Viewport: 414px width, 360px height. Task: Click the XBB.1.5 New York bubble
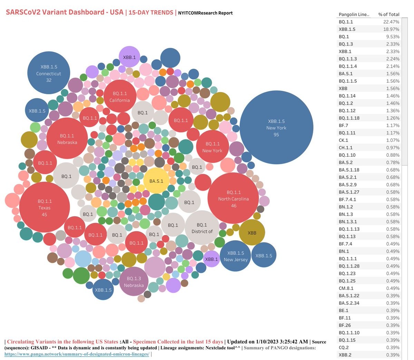[276, 127]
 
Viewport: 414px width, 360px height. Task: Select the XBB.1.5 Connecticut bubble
[49, 73]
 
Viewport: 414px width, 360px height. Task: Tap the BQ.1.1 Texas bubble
[45, 207]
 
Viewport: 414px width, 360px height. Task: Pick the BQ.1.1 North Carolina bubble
[233, 198]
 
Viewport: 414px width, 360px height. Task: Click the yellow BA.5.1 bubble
[156, 181]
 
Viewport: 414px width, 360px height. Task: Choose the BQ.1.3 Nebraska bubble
[134, 281]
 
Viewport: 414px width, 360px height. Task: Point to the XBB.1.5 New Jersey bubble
[235, 256]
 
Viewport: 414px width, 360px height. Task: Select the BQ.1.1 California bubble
[120, 96]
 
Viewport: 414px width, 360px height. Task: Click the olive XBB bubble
[252, 233]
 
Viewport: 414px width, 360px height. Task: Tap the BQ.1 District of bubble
[202, 228]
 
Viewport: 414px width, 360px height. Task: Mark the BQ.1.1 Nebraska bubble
[67, 138]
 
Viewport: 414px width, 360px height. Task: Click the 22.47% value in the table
[391, 22]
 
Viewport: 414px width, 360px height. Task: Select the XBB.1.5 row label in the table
[347, 29]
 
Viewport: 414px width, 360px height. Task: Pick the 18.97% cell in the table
[391, 29]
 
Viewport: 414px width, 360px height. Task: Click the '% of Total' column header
[388, 14]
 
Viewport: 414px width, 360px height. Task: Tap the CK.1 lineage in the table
[343, 140]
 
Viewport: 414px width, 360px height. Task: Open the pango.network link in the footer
[77, 354]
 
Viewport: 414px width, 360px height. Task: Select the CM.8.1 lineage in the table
[346, 288]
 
